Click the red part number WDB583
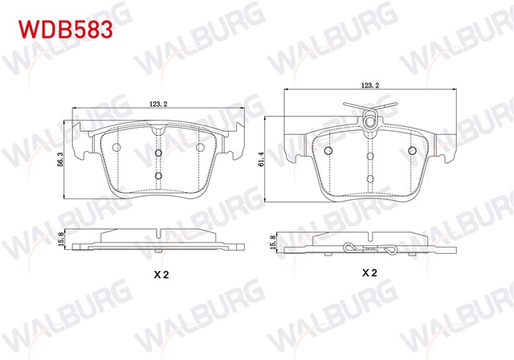66,30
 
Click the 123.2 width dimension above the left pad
159,104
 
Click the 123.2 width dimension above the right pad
370,85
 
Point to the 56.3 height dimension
60,159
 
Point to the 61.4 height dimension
261,159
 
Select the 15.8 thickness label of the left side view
60,239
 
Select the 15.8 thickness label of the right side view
271,243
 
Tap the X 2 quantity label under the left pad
161,275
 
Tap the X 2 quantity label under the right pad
369,272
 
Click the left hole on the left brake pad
116,148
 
